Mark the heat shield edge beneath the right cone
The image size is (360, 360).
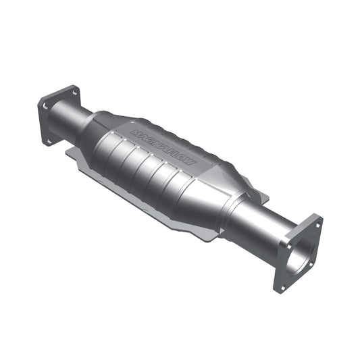point(203,233)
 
